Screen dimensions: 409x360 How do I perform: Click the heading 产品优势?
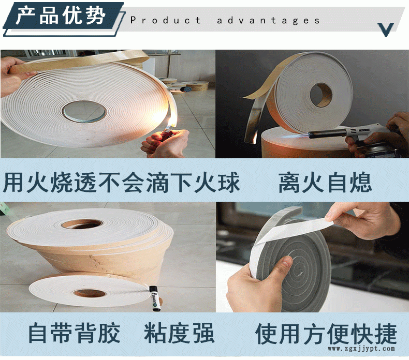tap(61, 16)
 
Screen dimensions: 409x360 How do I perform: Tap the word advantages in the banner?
tap(268, 20)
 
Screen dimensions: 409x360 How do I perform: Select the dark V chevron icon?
tap(386, 29)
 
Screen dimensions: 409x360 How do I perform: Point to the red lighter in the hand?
tap(166, 135)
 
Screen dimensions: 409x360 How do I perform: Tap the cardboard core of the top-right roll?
tap(321, 95)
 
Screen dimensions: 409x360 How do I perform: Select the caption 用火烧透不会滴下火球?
tap(121, 182)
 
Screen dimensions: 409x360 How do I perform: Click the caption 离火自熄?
tap(325, 182)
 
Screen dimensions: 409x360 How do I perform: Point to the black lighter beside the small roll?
tap(155, 298)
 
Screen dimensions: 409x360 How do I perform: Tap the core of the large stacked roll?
tap(82, 224)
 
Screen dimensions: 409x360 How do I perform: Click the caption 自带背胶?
tap(74, 333)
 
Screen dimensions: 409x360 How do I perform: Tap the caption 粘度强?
tap(180, 333)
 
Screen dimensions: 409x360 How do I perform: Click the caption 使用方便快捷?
tap(326, 334)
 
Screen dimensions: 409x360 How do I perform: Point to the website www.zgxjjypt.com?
tap(361, 349)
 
